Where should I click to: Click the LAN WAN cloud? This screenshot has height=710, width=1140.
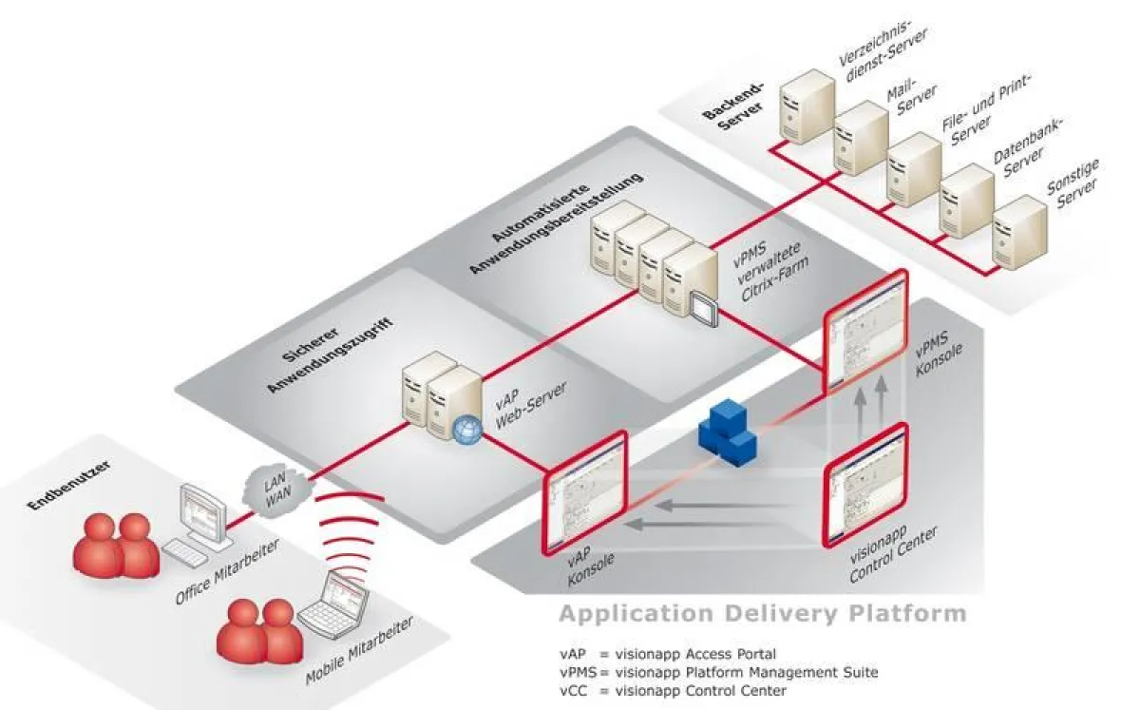274,487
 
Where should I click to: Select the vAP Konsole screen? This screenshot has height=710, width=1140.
585,490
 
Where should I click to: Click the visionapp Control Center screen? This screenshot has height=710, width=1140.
864,485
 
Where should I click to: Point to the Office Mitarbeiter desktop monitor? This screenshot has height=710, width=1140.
204,513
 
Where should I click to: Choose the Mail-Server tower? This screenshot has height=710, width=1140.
860,141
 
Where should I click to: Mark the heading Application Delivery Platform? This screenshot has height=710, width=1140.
762,613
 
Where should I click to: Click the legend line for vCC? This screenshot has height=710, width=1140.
673,690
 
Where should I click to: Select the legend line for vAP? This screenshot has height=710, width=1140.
667,654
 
